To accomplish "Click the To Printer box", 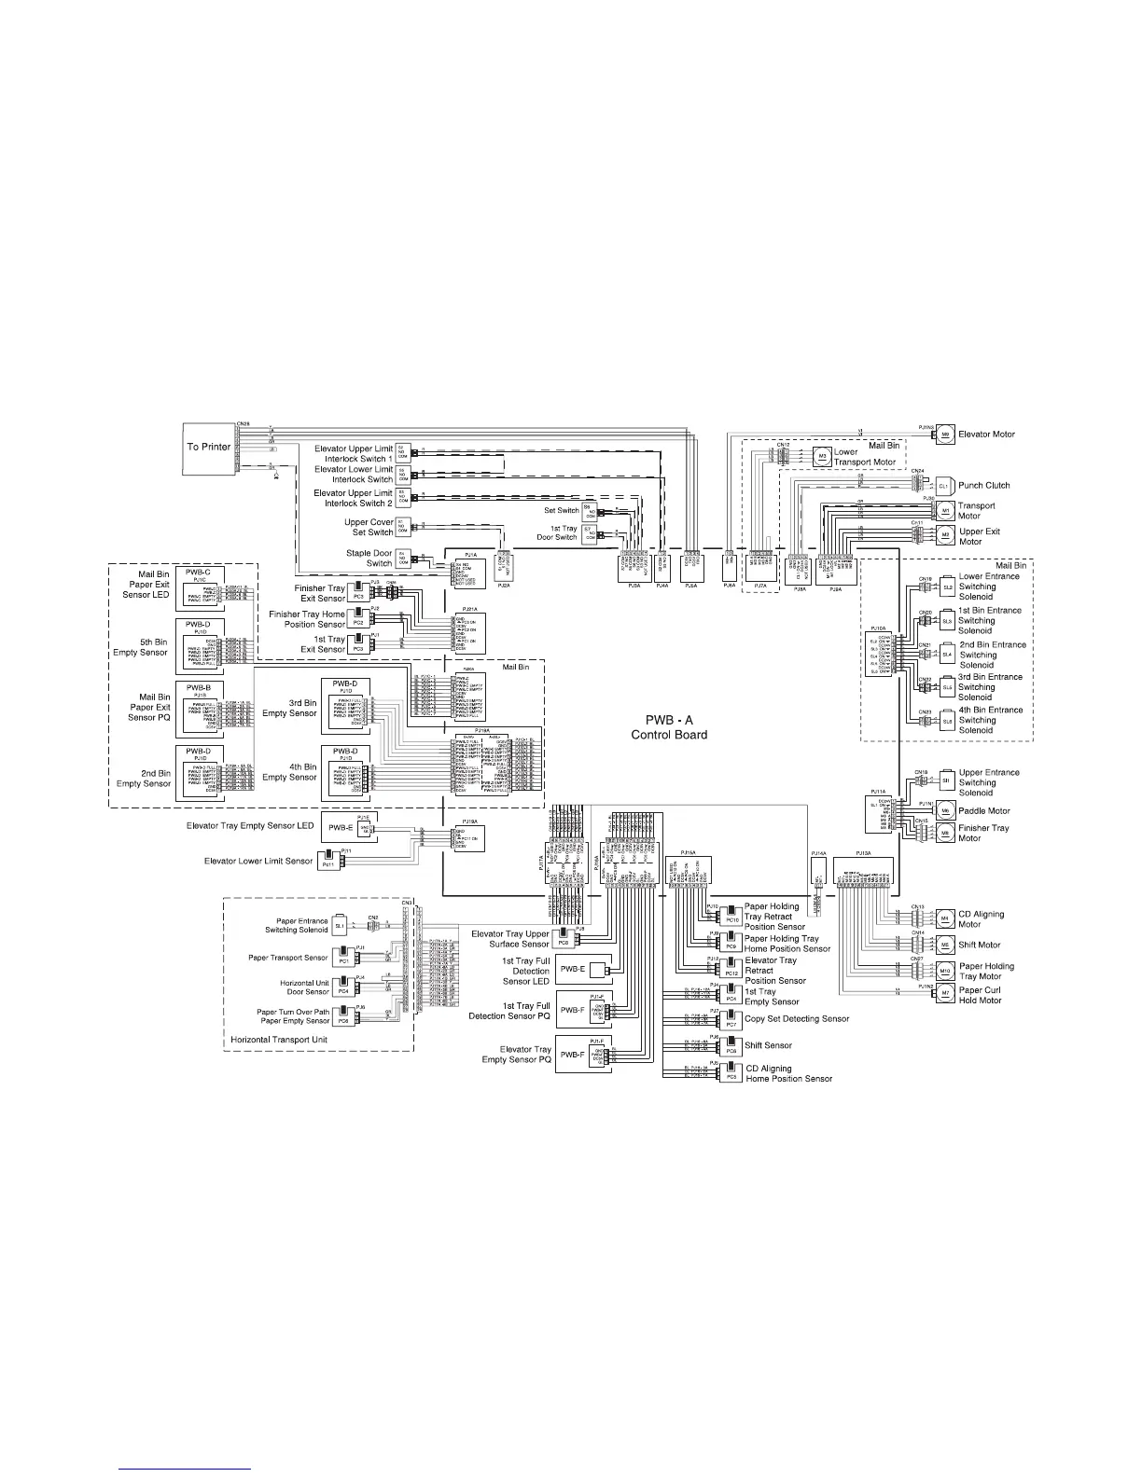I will [208, 446].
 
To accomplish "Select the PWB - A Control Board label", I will [669, 727].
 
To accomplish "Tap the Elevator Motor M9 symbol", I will [944, 434].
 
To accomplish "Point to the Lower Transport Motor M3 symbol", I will [822, 457].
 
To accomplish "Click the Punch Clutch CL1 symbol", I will [942, 486].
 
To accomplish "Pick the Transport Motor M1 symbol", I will [944, 511].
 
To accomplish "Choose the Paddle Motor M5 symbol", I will [944, 810].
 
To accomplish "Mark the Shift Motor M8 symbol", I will [944, 945].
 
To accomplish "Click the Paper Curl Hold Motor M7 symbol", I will [944, 995].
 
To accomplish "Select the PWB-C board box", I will [197, 585].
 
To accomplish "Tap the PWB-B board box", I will [197, 702].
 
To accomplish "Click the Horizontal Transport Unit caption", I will [279, 1040].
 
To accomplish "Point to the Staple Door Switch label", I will [369, 558].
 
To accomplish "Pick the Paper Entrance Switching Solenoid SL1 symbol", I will [339, 926].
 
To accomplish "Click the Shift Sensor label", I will [768, 1045].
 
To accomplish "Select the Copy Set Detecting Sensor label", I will [797, 1019].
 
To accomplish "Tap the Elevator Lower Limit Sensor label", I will [258, 861].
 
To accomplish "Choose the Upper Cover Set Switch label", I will [369, 527].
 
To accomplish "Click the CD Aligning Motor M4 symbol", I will [944, 918].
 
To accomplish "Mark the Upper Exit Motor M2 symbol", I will [944, 535].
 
